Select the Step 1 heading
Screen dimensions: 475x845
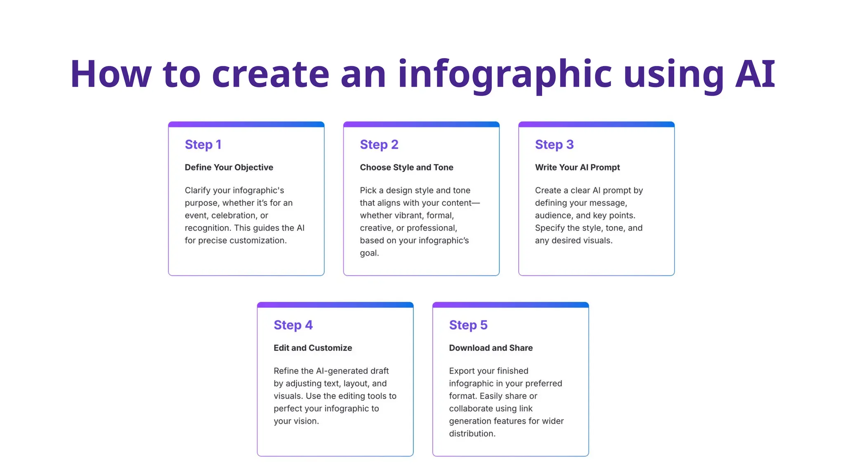pos(203,145)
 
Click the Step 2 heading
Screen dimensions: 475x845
pos(379,145)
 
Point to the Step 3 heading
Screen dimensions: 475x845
pos(554,145)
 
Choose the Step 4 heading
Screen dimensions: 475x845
pos(293,325)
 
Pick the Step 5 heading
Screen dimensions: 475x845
pos(468,325)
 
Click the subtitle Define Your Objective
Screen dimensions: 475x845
pos(229,167)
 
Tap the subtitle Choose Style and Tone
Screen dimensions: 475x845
pos(406,167)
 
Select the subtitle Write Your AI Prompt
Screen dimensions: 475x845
pos(577,167)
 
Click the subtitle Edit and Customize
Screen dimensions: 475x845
pos(313,348)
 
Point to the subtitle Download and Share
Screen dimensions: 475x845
pos(491,348)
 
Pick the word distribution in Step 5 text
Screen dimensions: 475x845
pos(472,434)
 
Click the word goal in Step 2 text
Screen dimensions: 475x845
pos(369,253)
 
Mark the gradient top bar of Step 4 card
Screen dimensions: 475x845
pos(335,305)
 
